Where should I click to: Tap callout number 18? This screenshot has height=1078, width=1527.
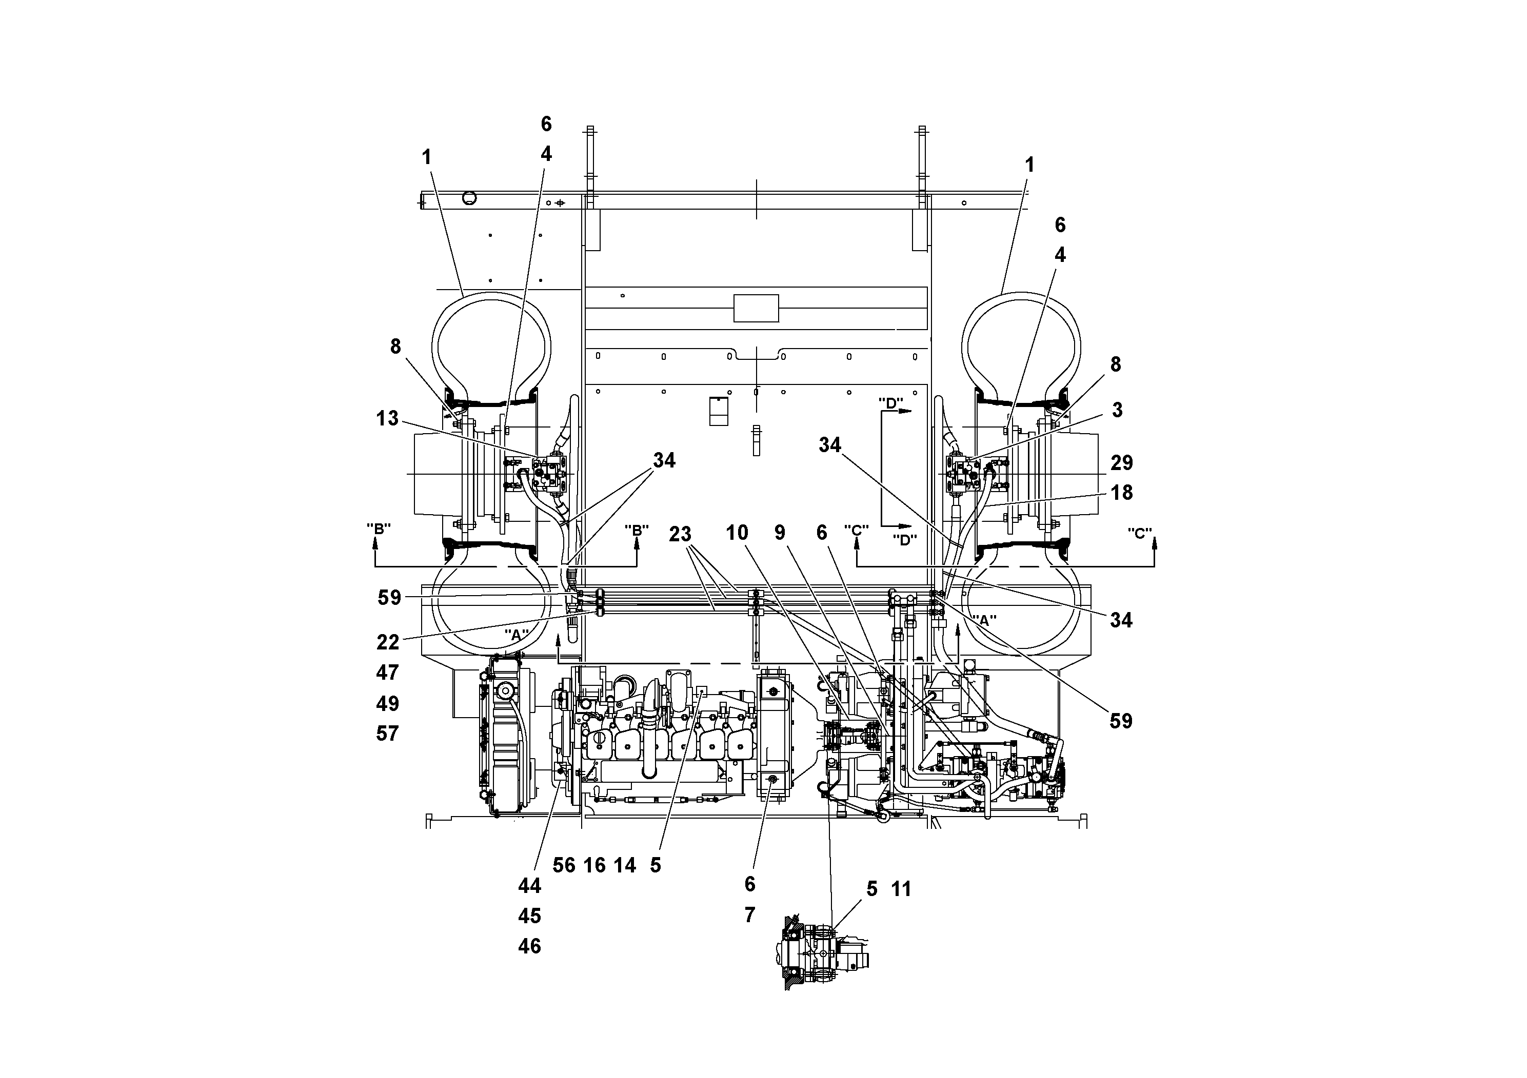[x=1121, y=493]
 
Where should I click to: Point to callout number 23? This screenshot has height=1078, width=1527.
[x=680, y=534]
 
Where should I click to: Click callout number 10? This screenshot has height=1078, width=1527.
[x=737, y=533]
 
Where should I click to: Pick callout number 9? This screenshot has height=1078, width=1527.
[x=780, y=533]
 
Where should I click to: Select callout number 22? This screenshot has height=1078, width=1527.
[x=388, y=642]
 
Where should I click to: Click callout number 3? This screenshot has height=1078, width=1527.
[x=1117, y=410]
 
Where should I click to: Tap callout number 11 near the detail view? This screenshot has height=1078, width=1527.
[x=901, y=888]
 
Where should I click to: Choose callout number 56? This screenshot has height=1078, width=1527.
[x=564, y=865]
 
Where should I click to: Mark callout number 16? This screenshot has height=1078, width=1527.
[x=594, y=865]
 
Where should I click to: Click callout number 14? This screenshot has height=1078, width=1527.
[x=625, y=865]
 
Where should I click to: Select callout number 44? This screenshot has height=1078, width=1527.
[x=529, y=885]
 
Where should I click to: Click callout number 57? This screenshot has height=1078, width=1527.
[x=387, y=734]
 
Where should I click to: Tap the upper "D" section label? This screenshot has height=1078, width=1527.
[x=890, y=403]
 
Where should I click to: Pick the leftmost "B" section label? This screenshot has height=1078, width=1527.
[x=379, y=529]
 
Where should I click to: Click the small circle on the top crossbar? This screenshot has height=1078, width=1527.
[x=469, y=197]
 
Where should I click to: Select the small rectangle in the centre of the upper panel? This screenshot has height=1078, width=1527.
[x=756, y=309]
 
